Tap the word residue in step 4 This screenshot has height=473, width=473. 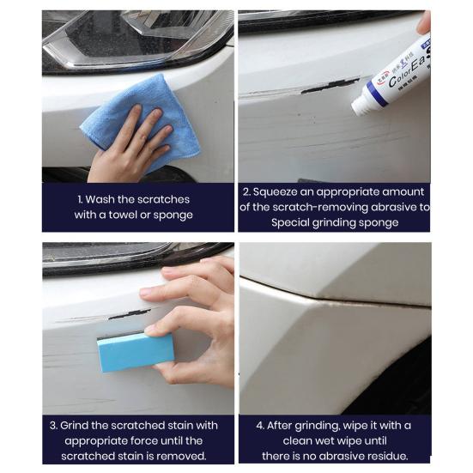click(x=387, y=456)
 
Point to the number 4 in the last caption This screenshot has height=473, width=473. click(x=261, y=425)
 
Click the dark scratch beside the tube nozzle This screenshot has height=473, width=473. click(x=330, y=85)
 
